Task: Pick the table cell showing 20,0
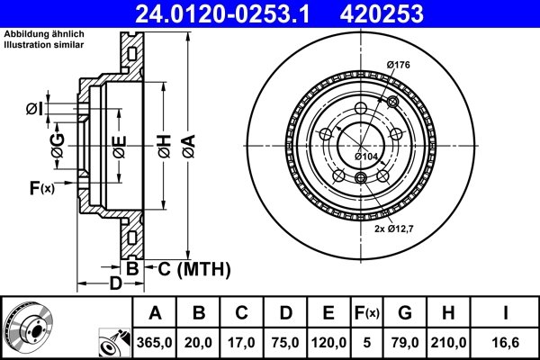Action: click(x=200, y=341)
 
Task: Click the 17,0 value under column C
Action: click(x=242, y=341)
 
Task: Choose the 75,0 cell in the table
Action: click(x=285, y=341)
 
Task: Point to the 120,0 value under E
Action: click(x=328, y=341)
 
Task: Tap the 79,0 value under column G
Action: click(x=405, y=341)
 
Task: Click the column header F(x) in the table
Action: click(x=367, y=313)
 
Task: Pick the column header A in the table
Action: click(x=156, y=313)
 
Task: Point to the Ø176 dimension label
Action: click(x=398, y=64)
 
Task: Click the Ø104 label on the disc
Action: click(x=365, y=157)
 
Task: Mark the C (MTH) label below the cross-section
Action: click(x=189, y=268)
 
